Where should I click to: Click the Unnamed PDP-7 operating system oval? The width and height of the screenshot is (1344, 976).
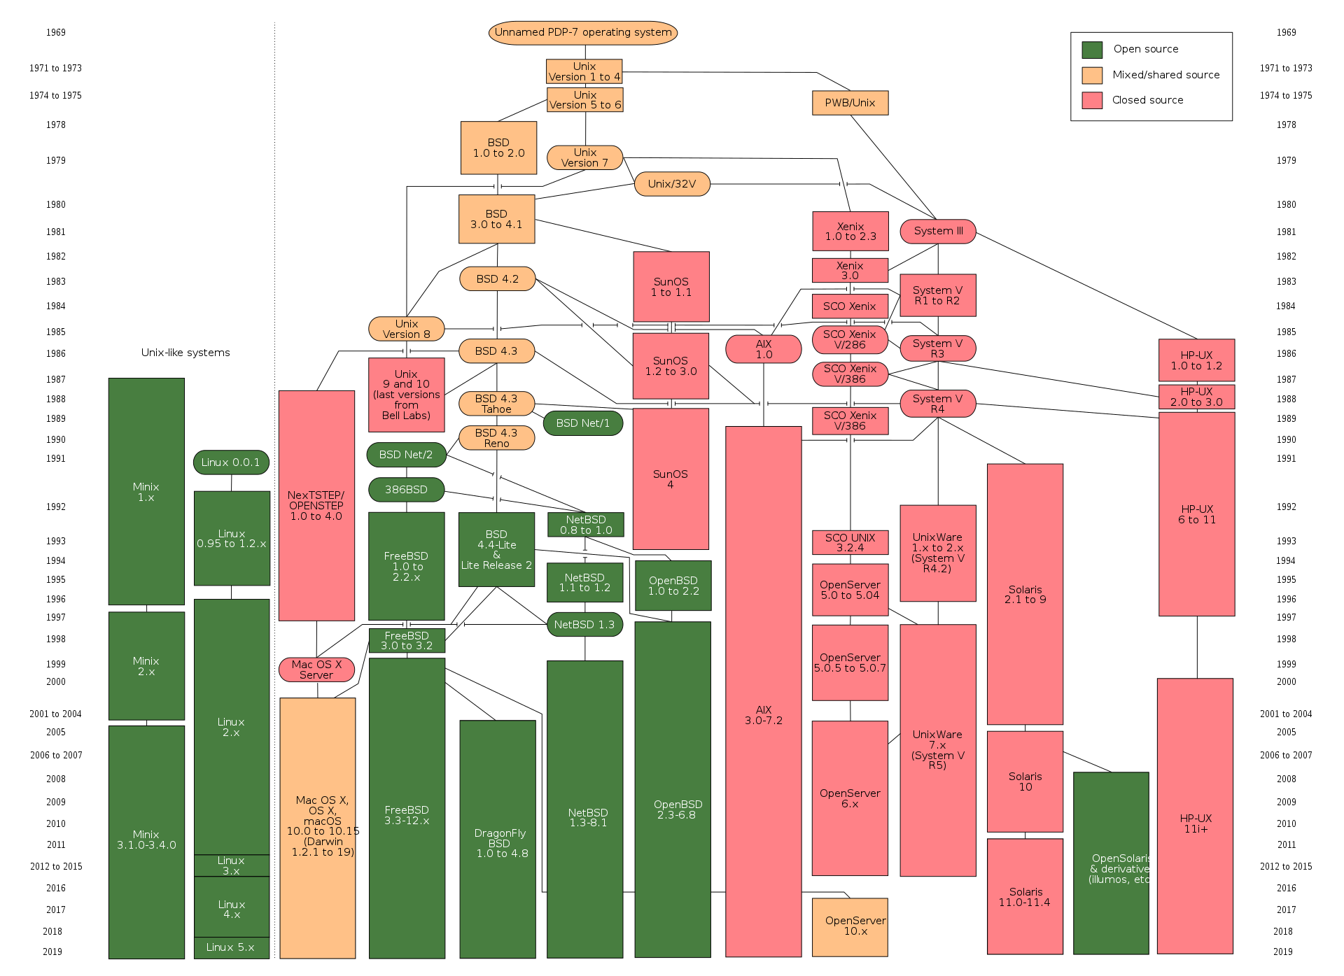coord(582,33)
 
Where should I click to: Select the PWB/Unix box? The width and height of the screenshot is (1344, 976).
coord(850,103)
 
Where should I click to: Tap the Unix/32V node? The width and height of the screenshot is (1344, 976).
coord(672,184)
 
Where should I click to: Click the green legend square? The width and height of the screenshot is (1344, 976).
coord(1092,50)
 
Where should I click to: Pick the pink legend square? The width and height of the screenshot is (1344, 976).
coord(1092,101)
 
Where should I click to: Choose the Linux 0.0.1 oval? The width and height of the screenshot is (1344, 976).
coord(231,462)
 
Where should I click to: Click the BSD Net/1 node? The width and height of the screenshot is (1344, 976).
coord(583,423)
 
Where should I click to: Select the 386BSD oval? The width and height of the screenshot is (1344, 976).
coord(406,490)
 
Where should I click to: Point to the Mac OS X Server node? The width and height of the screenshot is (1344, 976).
coord(316,670)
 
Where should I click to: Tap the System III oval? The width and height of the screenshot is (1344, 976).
coord(938,232)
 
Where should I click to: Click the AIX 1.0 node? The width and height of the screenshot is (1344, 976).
coord(763,349)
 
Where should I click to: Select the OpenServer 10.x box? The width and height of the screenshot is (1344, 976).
coord(850,927)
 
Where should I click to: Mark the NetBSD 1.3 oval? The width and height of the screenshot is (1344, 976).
coord(584,625)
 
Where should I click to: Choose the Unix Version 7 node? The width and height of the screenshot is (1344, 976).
coord(584,157)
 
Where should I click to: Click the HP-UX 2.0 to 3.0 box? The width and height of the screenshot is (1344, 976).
coord(1196,397)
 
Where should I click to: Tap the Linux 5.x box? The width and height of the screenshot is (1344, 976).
coord(231,947)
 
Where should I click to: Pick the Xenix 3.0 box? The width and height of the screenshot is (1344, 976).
coord(850,271)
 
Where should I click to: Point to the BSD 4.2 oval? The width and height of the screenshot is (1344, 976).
coord(497,278)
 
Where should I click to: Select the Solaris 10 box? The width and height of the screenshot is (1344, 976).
coord(1025,781)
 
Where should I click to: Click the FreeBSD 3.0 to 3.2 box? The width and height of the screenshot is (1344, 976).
coord(407,641)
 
